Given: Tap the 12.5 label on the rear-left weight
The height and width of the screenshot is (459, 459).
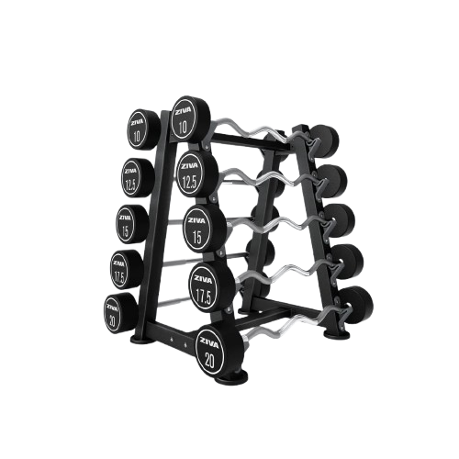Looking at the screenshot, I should pyautogui.click(x=132, y=182).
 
